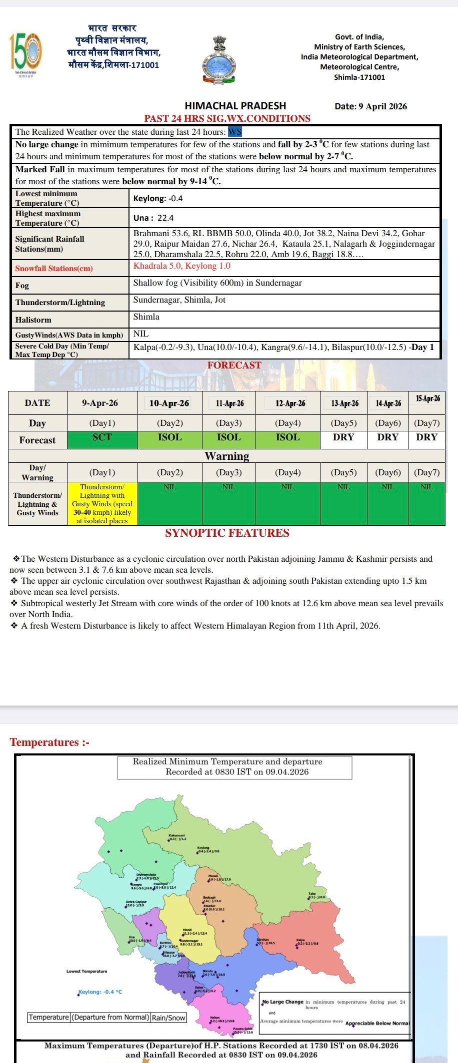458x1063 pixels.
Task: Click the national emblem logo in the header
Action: point(219,59)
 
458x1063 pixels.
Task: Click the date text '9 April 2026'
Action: point(382,106)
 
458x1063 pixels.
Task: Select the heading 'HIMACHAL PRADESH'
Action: point(235,106)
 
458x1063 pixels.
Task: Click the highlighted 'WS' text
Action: point(235,132)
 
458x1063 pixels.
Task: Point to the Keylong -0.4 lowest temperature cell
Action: point(158,198)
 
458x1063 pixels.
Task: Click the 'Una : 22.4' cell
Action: point(153,218)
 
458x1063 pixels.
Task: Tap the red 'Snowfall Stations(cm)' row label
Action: point(54,269)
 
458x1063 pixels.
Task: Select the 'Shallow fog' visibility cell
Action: point(217,283)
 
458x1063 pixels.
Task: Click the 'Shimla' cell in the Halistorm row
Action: point(146,317)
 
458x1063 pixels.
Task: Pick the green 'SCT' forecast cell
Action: point(102,438)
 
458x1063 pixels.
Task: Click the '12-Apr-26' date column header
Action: point(287,403)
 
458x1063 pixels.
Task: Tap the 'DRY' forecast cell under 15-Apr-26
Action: point(426,437)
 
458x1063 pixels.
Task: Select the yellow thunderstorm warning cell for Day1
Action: point(102,503)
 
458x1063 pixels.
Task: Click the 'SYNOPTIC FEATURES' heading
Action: point(227,533)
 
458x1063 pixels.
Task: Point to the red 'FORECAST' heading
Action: point(234,365)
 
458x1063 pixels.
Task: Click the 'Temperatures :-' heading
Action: point(49,742)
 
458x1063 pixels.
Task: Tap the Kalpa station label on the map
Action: point(301,940)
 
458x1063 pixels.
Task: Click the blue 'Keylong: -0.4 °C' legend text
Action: point(100,992)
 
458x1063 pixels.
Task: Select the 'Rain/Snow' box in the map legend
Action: point(168,1018)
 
